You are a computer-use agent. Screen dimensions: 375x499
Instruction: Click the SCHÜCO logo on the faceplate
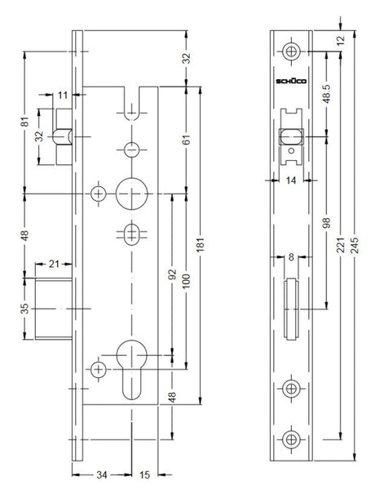(x=291, y=81)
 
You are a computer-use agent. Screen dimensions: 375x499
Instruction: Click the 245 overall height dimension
(x=355, y=245)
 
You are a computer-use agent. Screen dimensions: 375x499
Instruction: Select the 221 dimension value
(x=341, y=245)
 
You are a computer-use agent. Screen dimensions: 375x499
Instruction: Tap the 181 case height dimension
(x=201, y=245)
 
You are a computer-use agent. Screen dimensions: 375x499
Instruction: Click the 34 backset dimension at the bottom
(x=102, y=474)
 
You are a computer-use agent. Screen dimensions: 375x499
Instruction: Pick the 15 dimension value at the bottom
(x=144, y=474)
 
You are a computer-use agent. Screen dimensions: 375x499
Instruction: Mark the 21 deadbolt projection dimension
(x=54, y=264)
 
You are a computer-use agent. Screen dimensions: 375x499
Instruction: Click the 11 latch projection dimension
(x=63, y=95)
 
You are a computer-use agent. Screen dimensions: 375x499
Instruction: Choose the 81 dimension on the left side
(x=24, y=122)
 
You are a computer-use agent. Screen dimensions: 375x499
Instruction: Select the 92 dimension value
(x=172, y=274)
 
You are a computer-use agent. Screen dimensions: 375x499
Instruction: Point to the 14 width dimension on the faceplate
(x=291, y=180)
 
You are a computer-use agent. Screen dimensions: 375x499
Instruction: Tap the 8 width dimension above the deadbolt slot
(x=291, y=256)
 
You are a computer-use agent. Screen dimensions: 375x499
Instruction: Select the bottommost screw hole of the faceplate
(x=291, y=439)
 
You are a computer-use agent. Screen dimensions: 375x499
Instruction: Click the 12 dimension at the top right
(x=341, y=40)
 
